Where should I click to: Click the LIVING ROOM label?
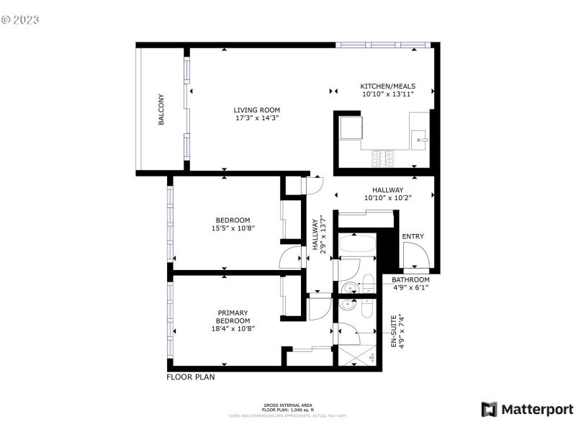256,110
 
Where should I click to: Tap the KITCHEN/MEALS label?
387,86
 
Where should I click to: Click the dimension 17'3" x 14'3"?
256,119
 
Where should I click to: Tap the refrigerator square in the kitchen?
353,128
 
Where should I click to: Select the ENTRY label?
413,236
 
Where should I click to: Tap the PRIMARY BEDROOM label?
233,317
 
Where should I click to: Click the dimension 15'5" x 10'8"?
233,228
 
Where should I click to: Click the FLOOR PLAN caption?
191,377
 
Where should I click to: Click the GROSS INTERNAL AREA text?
287,405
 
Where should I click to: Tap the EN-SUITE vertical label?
394,330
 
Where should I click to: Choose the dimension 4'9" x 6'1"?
410,287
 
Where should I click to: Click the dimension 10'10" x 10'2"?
387,198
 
